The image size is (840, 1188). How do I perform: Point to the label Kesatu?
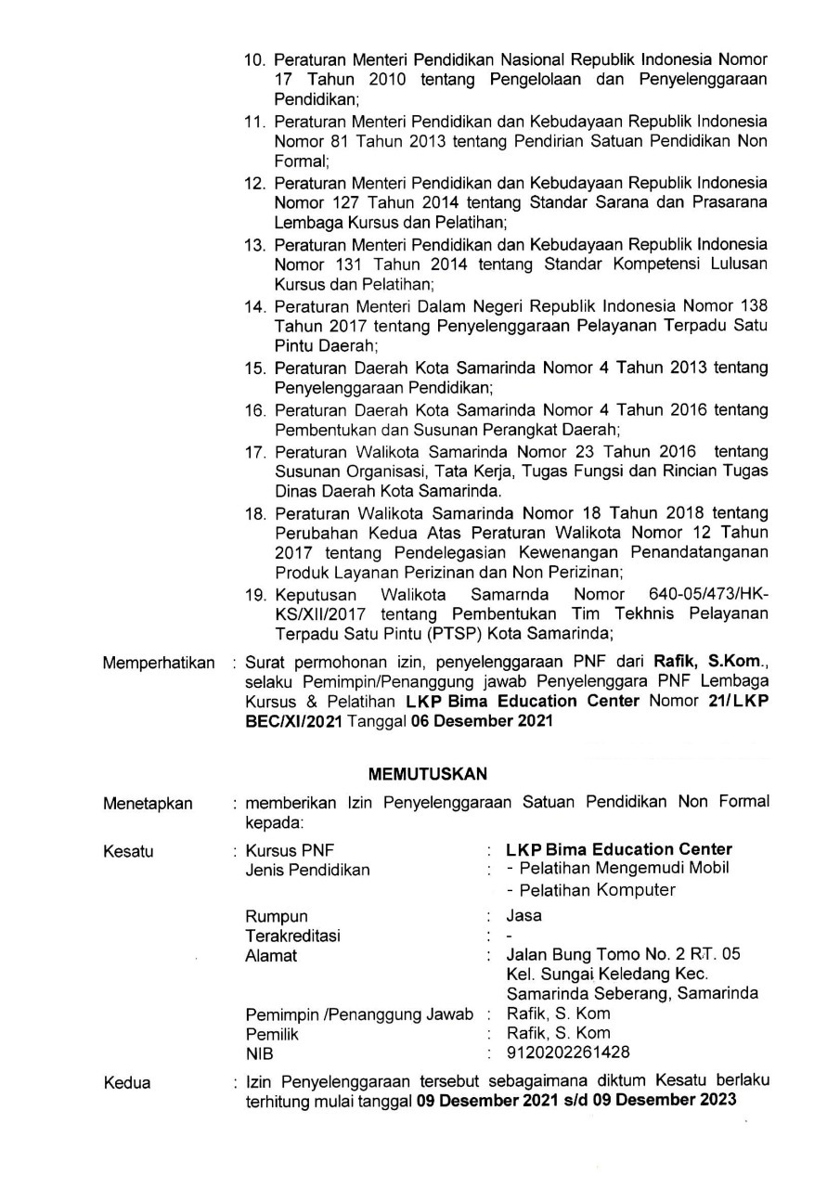point(128,850)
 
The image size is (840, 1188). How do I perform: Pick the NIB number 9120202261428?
point(567,1052)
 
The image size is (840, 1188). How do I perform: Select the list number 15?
point(254,368)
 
